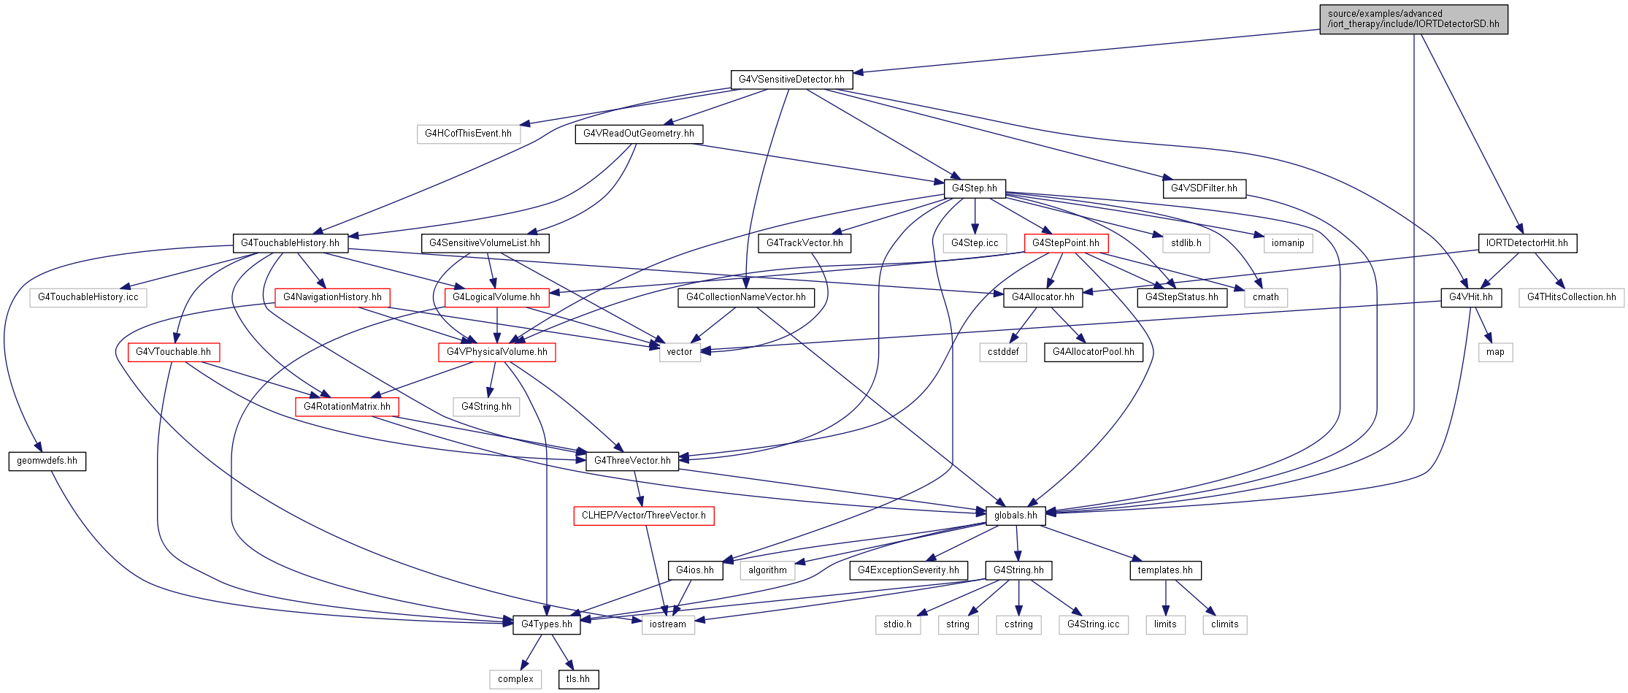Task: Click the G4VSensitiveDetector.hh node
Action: pos(791,80)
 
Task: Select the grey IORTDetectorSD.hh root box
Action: pos(1413,19)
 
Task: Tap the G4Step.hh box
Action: pos(975,188)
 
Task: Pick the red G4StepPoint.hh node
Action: pos(1066,243)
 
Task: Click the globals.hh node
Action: pos(1015,516)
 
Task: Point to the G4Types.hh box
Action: pos(547,624)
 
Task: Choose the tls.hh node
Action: pos(578,679)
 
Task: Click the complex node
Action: pos(515,679)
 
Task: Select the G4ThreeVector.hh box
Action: pos(632,461)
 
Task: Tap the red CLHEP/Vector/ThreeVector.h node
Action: pos(644,516)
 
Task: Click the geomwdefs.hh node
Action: pos(47,461)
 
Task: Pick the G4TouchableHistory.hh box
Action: pos(291,243)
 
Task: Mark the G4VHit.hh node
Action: pos(1471,297)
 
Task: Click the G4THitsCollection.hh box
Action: pos(1572,297)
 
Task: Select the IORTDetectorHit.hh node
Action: pos(1527,243)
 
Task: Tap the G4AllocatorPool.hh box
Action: pos(1094,352)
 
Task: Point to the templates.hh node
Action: pos(1165,570)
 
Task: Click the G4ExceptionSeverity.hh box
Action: pos(909,570)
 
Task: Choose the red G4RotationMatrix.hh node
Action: pos(348,407)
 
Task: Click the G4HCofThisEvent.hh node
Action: pos(469,134)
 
